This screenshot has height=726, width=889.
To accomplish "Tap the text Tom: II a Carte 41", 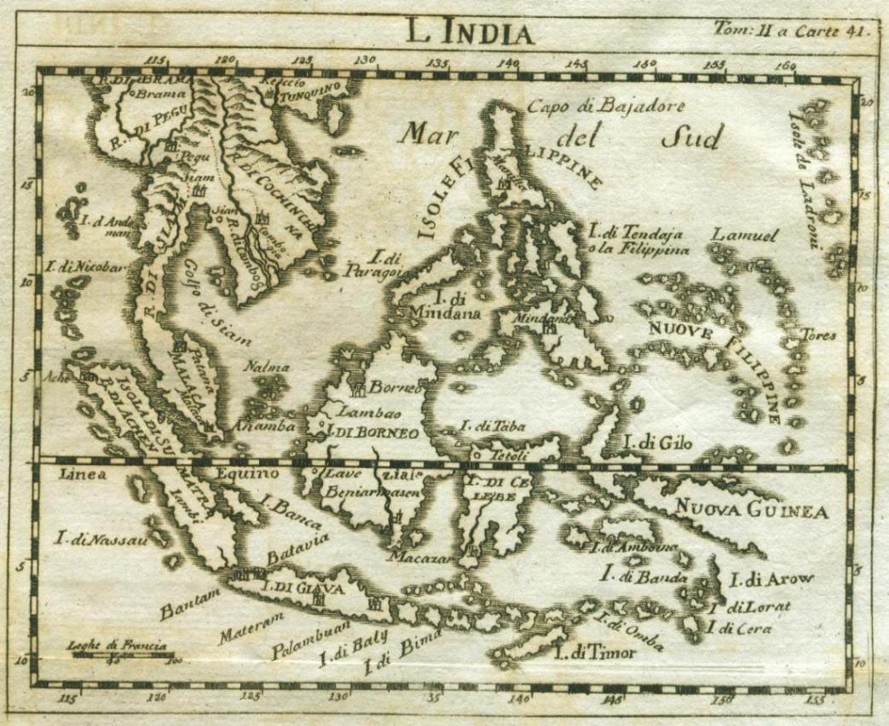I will (791, 32).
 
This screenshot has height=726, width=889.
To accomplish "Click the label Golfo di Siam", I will (222, 312).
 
